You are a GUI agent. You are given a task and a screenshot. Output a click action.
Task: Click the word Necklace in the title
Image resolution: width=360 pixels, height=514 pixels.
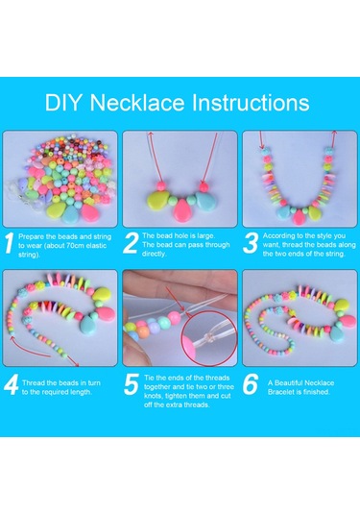[x=137, y=103]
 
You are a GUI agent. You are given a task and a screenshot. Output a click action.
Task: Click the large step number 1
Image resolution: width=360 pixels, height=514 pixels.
[x=10, y=243]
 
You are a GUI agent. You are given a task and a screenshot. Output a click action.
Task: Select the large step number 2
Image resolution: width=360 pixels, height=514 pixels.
[x=131, y=243]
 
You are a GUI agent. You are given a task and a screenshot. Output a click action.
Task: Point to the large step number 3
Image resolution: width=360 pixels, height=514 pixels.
[x=251, y=243]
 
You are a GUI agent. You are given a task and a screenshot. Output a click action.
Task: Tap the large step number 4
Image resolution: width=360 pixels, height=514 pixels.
[x=12, y=384]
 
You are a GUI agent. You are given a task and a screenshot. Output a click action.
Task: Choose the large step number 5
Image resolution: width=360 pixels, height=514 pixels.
[x=132, y=384]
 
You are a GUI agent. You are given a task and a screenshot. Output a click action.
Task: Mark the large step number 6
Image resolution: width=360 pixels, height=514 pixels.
[x=251, y=384]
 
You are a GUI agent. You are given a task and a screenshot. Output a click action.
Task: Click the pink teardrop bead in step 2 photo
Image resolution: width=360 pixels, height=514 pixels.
[x=182, y=209]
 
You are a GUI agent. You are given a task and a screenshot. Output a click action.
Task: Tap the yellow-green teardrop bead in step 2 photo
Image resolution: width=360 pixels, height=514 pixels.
[x=158, y=201]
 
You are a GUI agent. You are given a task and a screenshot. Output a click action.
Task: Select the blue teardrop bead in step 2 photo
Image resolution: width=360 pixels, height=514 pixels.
[x=207, y=201]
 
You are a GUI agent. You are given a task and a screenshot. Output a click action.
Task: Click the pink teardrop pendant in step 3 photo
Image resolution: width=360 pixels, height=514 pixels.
[x=299, y=216]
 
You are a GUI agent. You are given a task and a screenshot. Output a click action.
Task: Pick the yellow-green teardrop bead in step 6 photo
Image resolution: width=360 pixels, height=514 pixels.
[x=342, y=305]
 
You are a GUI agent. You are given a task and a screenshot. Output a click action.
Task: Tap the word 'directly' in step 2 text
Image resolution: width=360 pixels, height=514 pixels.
[x=155, y=254]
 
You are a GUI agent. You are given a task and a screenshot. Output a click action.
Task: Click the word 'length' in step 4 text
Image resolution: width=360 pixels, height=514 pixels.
[x=81, y=392]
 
